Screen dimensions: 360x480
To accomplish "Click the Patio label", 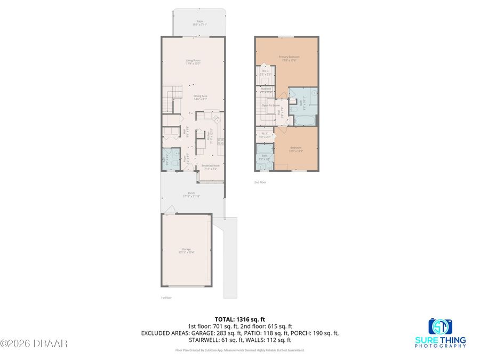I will tap(199, 23).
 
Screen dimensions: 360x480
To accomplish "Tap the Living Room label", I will tap(193, 62).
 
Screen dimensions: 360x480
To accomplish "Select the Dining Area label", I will tap(200, 97).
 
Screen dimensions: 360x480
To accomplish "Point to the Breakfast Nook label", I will tap(210, 167).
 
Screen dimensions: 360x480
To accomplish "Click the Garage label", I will tap(186, 251).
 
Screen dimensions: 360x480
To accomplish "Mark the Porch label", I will tap(191, 195).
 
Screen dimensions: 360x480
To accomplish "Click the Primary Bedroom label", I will tap(289, 58).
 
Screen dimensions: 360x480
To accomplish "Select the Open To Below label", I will tap(271, 106).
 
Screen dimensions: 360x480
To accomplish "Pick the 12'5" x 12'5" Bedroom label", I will tap(295, 149).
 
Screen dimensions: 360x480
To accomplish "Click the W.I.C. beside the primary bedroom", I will tap(265, 72).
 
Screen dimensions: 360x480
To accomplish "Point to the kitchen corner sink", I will tap(217, 118).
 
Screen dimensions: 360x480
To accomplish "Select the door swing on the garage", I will tap(169, 211).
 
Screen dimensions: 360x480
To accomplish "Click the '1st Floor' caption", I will tap(166, 298).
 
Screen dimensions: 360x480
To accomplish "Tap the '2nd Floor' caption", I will tap(260, 182).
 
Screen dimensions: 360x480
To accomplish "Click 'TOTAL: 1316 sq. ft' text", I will tap(239, 318).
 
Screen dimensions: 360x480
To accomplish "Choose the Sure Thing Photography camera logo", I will tap(439, 326).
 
